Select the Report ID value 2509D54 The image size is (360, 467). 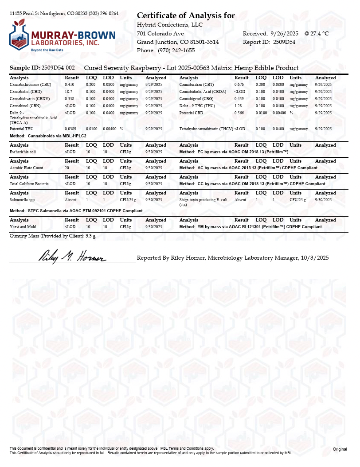(x=284, y=42)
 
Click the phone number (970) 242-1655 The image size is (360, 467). (x=176, y=51)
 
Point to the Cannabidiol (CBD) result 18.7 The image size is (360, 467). (x=69, y=91)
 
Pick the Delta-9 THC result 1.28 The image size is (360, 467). (x=238, y=106)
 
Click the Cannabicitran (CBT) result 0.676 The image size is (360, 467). (x=239, y=84)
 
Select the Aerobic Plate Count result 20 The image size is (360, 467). (x=67, y=168)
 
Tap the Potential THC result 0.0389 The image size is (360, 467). (x=70, y=128)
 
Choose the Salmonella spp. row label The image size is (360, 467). (x=22, y=200)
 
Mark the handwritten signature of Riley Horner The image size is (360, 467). (x=73, y=256)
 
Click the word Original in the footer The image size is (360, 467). (x=340, y=449)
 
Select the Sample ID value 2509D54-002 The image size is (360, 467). (x=58, y=68)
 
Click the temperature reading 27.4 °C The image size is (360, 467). (x=320, y=33)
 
